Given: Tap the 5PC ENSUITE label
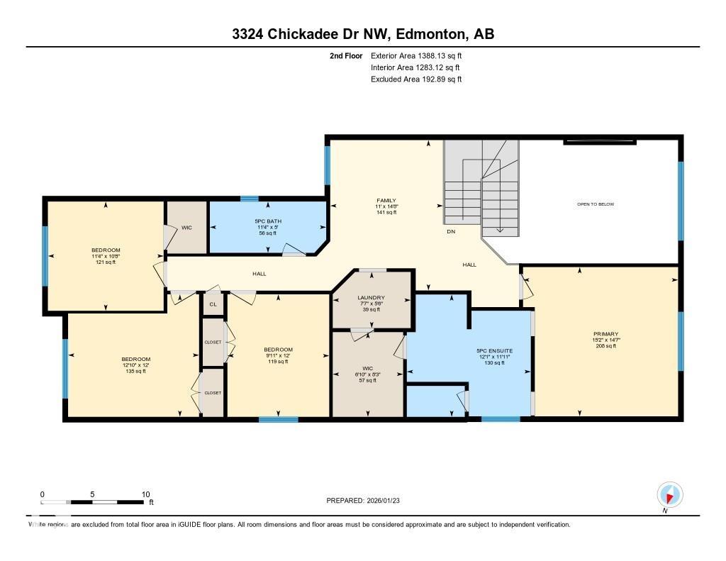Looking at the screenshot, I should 494,351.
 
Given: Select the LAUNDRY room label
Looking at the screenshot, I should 371,298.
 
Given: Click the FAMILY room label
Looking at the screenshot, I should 386,201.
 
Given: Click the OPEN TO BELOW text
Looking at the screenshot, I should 595,204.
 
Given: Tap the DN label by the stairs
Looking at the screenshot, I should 450,232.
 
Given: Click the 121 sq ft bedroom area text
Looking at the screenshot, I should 106,262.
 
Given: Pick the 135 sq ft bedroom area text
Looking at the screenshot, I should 135,371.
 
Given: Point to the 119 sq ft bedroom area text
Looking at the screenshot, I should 278,362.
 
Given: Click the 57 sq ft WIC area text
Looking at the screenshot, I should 367,380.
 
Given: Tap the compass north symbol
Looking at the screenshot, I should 669,494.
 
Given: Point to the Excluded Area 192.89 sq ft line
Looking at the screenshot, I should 416,79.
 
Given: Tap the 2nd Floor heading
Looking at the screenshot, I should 346,55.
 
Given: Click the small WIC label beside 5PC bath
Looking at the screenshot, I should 186,228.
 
